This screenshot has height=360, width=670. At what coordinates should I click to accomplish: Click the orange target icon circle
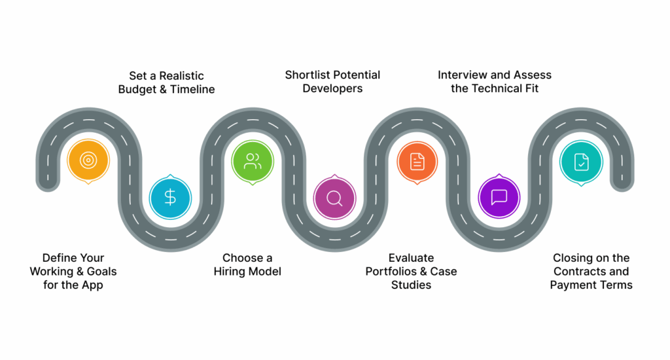[88, 160]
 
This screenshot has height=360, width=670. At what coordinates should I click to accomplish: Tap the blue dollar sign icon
[170, 197]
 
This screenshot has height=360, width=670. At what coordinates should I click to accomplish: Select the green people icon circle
[253, 161]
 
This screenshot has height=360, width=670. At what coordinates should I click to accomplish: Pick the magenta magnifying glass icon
[334, 198]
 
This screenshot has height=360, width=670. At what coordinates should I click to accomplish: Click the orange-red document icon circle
[417, 161]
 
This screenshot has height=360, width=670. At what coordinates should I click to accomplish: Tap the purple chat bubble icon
[499, 197]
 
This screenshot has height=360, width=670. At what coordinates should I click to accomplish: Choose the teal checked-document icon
[581, 161]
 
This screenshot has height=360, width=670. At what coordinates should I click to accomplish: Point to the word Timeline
[192, 89]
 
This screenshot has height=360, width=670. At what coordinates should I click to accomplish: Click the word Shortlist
[306, 75]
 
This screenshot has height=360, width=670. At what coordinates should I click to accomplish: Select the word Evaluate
[411, 258]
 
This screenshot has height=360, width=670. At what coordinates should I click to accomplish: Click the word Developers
[332, 88]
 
